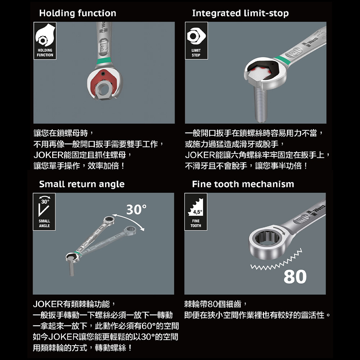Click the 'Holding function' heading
pos(78,13)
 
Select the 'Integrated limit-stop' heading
pos(240,13)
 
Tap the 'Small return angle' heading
pos(82,184)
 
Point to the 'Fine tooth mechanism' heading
pos(243,184)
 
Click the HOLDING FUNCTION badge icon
pos(45,41)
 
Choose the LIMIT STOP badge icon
pos(196,41)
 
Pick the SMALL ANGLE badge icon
pos(44,212)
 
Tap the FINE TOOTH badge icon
pos(195,212)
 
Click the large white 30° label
pos(136,210)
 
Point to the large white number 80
pos(295,276)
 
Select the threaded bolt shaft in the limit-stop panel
pos(261,103)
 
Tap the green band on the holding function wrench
pos(104,62)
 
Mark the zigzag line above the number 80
pos(276,259)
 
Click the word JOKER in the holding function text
pos(48,155)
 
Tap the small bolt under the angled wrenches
pos(71,268)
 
